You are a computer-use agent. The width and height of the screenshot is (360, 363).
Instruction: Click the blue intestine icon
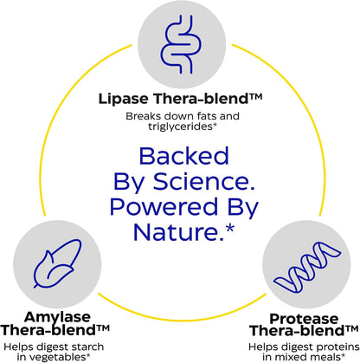click(x=181, y=44)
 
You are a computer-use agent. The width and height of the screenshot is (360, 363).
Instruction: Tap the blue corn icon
click(x=57, y=263)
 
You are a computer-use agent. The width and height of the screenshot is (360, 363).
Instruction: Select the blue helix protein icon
click(x=307, y=267)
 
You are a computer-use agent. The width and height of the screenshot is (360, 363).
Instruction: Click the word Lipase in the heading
click(x=123, y=99)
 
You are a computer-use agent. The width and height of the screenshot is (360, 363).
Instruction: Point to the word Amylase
click(x=57, y=317)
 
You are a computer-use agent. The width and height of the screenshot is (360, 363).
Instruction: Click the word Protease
click(x=304, y=319)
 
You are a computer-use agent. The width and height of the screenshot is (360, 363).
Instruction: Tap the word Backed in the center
click(x=184, y=156)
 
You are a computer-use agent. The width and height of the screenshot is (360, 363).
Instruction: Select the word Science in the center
click(x=204, y=182)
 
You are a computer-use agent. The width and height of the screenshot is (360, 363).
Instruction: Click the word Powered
click(x=164, y=207)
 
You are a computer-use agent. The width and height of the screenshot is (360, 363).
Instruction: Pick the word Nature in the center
click(x=178, y=232)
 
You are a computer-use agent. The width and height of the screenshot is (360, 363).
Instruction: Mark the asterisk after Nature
click(x=230, y=229)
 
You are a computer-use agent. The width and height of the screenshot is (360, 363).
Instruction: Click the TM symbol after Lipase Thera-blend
click(x=255, y=96)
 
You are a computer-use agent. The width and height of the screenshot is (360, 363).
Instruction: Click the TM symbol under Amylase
click(x=102, y=328)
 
